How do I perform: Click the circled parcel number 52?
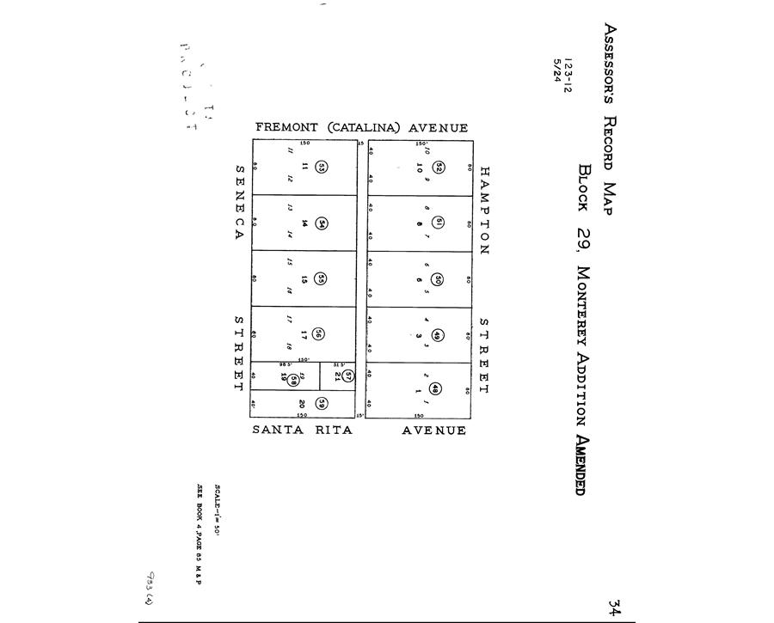coord(438,167)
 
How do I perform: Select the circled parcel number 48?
coord(436,388)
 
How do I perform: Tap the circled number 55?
coord(320,278)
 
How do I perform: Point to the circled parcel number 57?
coord(348,375)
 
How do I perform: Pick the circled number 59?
coord(320,403)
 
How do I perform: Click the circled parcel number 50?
coord(437,279)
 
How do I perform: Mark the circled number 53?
coord(321,168)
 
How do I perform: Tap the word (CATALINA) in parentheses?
coord(362,128)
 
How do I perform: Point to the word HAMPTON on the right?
coord(483,211)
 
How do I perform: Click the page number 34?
coord(614,608)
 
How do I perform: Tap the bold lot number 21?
coord(338,375)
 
